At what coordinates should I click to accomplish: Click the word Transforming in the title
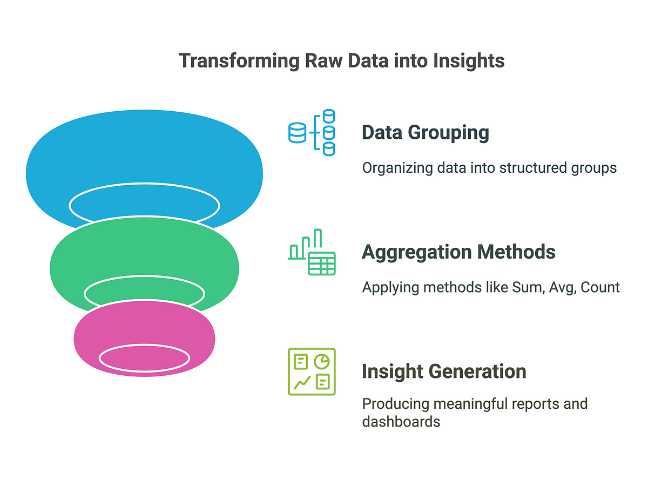[239, 61]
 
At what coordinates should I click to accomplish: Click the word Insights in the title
[469, 61]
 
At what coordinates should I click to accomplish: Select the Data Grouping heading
[425, 133]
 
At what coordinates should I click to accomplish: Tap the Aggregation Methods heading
[458, 252]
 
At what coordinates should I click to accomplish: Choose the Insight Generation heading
[444, 371]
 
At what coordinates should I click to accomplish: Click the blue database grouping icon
[312, 132]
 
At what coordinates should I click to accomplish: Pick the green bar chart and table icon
[312, 252]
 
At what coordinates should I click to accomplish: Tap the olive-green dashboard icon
[312, 371]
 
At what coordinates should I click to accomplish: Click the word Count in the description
[600, 287]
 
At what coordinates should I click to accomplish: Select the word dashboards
[401, 422]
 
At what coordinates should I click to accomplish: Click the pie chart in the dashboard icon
[322, 362]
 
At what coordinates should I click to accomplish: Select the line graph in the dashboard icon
[302, 382]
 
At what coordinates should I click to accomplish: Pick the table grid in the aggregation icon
[322, 263]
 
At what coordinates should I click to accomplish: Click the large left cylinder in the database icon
[297, 133]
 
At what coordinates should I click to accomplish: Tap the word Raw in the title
[323, 61]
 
